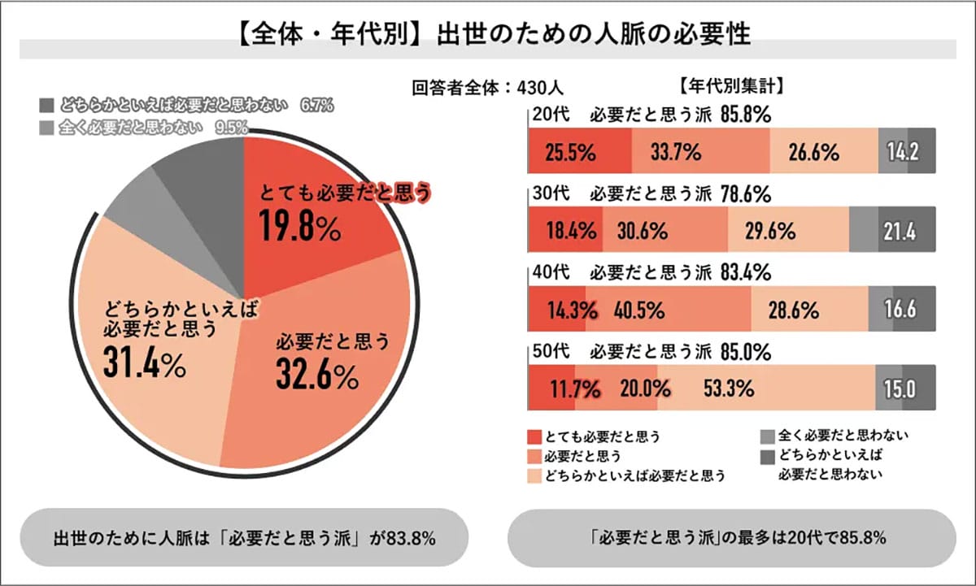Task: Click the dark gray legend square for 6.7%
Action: (x=46, y=106)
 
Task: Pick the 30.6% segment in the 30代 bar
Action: (x=643, y=232)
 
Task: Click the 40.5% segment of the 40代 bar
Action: (x=640, y=310)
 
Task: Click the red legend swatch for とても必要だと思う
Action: (x=534, y=436)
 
